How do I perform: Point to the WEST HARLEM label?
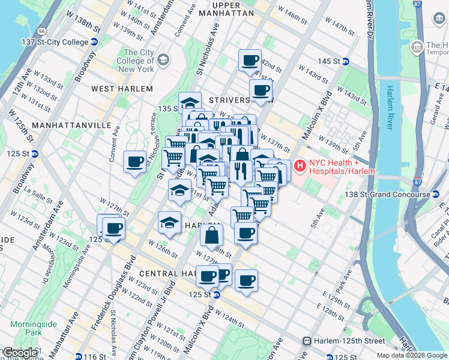tap(122, 89)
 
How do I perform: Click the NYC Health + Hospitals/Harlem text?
tap(342, 167)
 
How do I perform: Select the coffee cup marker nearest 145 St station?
tap(250, 60)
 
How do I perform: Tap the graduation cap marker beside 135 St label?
tap(190, 102)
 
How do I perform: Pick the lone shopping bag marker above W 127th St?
tap(212, 235)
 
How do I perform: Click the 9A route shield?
tap(41, 30)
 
